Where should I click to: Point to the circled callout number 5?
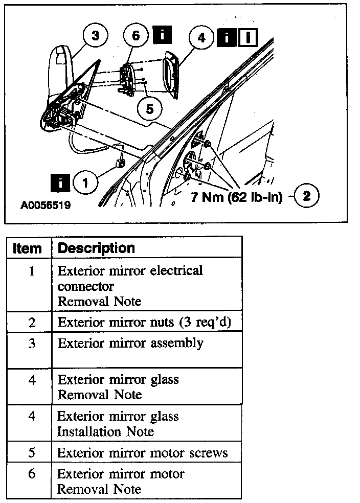(149, 108)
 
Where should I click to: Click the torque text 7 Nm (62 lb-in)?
(237, 197)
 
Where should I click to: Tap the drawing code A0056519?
(45, 205)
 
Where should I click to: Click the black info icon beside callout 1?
(60, 182)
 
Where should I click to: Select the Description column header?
(96, 248)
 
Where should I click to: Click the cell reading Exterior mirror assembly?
(130, 343)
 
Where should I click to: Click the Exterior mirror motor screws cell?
(142, 453)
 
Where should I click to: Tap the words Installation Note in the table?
(105, 431)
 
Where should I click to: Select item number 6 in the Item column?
(32, 474)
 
